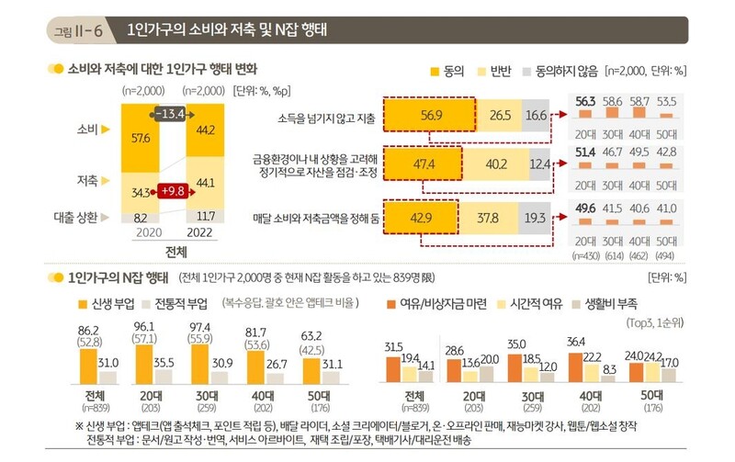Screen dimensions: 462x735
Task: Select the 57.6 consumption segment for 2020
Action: coord(141,138)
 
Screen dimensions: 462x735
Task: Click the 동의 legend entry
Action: coord(444,70)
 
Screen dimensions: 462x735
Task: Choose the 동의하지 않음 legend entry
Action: coord(558,70)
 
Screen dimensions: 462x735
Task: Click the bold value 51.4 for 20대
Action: coord(586,150)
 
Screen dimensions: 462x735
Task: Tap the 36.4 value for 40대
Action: coord(578,343)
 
